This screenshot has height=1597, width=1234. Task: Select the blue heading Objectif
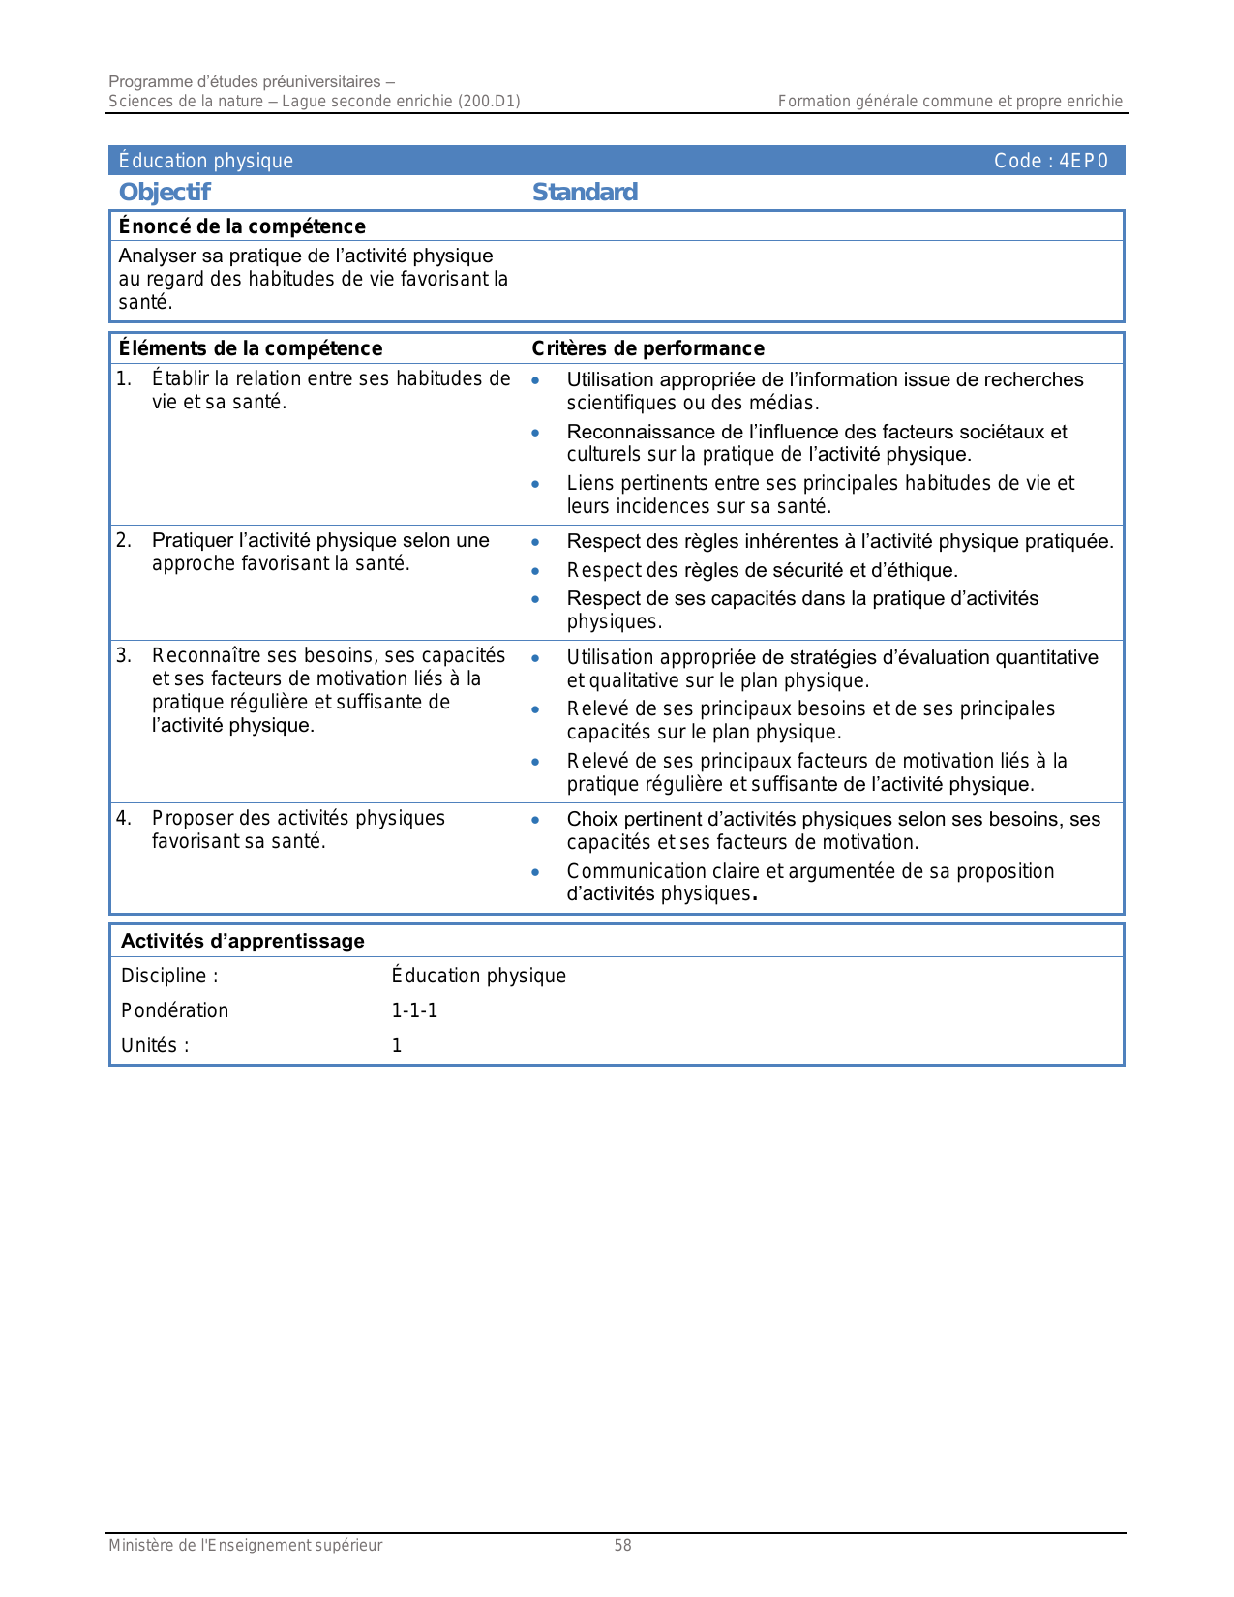165,192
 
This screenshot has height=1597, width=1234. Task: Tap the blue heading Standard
585,192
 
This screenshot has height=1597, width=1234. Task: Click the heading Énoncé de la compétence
242,226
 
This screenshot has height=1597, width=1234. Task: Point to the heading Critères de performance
647,348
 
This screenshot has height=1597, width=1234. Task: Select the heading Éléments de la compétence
250,348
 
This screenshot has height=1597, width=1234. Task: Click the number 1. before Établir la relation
124,378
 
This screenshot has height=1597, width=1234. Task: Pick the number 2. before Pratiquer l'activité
124,540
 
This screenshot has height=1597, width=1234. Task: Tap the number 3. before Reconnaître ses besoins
124,655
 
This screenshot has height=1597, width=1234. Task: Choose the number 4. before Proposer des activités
124,818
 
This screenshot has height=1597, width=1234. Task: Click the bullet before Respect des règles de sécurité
535,571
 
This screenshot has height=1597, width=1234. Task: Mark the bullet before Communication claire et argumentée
535,872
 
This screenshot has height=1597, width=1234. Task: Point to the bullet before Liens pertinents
535,484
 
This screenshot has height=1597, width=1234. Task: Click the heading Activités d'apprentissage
242,941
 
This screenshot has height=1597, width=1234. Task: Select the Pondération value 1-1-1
414,1010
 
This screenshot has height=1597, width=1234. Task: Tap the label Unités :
155,1045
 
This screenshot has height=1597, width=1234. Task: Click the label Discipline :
169,976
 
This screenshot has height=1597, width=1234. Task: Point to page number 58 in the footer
622,1546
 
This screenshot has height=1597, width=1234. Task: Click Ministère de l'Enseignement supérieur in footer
245,1546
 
